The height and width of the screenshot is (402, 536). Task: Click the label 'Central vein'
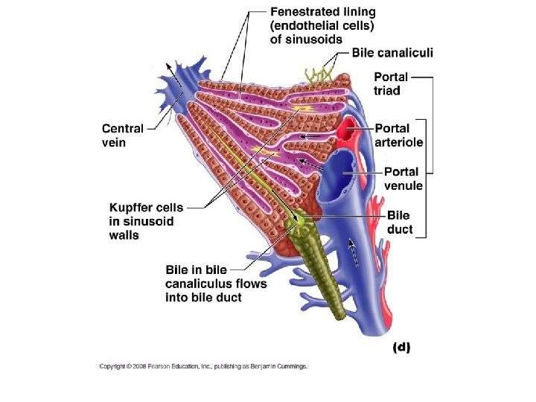tap(123, 135)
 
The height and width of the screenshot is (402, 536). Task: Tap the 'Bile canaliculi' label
tap(392, 52)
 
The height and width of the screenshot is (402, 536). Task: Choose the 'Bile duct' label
tap(400, 222)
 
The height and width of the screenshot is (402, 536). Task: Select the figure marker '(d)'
tap(401, 347)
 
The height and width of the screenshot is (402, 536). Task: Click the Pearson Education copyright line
tap(203, 366)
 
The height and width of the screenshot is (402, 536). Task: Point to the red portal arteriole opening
tap(348, 135)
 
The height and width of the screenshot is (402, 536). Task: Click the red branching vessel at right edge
tap(379, 208)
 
